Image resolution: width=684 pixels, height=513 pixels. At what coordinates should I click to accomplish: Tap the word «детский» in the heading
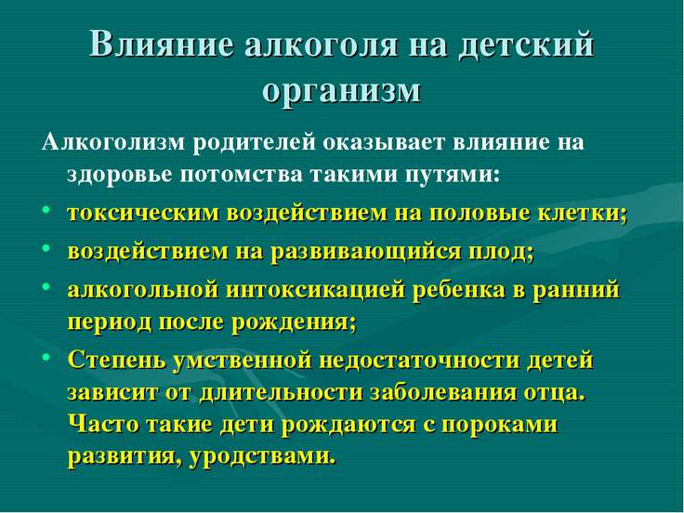tap(526, 46)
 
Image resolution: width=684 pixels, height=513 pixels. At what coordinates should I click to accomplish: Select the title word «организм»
tap(342, 91)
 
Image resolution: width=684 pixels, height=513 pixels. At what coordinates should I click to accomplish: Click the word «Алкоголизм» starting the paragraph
tap(113, 142)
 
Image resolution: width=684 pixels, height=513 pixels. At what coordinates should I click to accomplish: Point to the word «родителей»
tap(254, 144)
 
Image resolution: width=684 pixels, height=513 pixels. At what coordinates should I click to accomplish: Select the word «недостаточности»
tap(419, 361)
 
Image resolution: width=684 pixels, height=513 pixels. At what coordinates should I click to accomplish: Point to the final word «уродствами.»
tap(263, 457)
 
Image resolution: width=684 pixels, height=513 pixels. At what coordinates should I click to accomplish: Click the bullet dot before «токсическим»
tap(46, 209)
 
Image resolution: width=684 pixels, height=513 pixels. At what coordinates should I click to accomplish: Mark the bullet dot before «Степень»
tap(46, 356)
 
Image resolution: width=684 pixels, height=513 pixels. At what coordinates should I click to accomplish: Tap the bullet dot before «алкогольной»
tap(46, 286)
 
